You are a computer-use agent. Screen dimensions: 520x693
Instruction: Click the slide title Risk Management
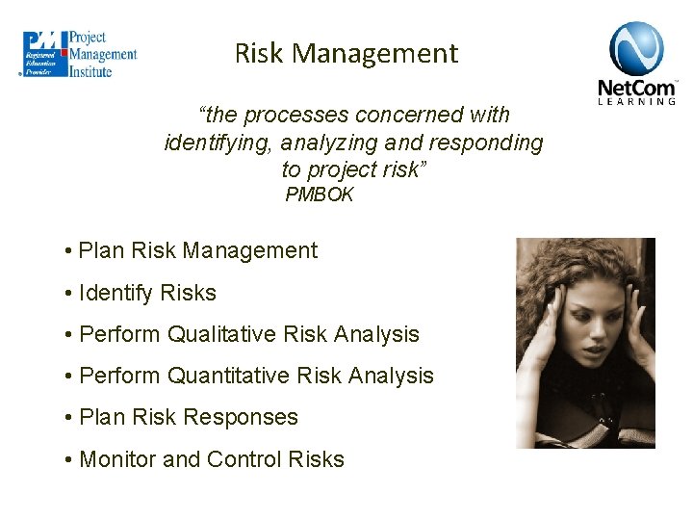coord(346,53)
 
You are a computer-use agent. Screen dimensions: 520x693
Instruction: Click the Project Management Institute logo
coord(80,54)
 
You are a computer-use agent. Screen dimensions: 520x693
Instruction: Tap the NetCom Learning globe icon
coord(636,48)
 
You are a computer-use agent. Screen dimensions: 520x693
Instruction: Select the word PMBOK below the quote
coord(320,195)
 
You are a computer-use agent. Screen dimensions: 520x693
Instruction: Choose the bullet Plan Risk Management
coord(197,250)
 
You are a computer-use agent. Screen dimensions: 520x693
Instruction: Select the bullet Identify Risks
coord(147,293)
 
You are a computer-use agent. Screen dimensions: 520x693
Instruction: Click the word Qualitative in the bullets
coord(222,334)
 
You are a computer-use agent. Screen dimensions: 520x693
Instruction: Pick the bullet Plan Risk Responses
coord(188,417)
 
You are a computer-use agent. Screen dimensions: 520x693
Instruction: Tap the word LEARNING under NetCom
coord(637,101)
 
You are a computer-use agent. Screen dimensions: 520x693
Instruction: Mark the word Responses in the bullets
coord(241,417)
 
